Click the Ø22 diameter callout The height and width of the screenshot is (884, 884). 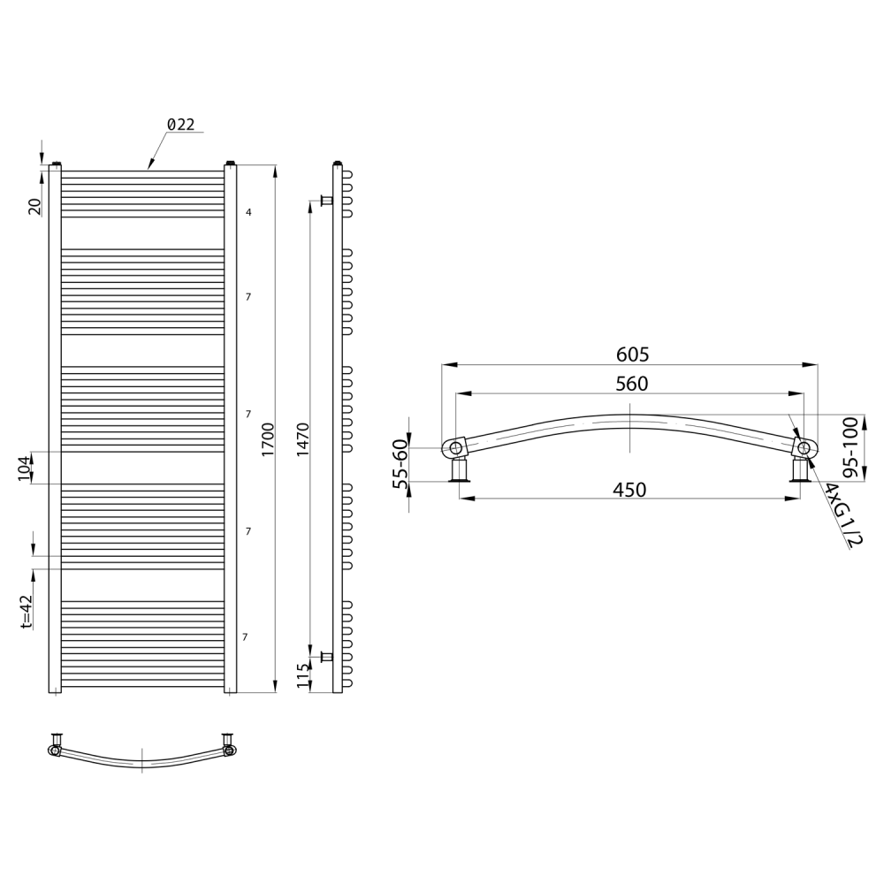181,125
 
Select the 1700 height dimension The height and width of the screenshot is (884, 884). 268,439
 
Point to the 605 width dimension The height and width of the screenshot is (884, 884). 633,354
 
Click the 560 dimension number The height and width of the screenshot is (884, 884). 632,384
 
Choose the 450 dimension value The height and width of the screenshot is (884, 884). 629,490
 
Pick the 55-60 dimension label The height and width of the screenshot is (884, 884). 400,465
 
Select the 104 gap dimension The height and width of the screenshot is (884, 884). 25,468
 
